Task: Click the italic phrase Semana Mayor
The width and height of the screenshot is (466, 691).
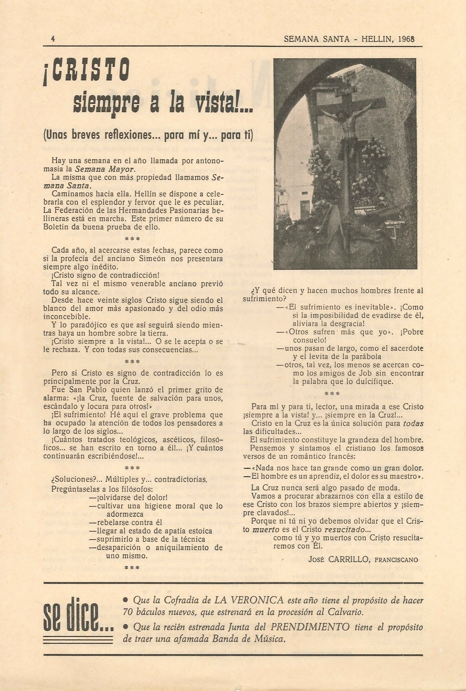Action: pyautogui.click(x=105, y=169)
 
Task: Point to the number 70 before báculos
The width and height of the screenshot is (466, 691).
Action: pyautogui.click(x=128, y=604)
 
